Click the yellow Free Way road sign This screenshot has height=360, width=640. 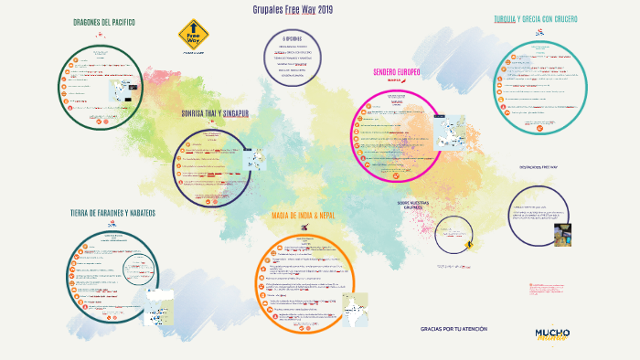click(193, 35)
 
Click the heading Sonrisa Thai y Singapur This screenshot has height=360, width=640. click(216, 113)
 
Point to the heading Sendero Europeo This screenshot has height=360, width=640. click(396, 72)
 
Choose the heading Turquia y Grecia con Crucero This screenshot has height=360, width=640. click(535, 18)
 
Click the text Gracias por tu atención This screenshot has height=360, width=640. click(454, 328)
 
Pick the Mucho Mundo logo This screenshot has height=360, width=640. click(552, 334)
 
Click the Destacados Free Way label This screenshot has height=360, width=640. click(539, 168)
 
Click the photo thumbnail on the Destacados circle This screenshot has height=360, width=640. click(562, 233)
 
